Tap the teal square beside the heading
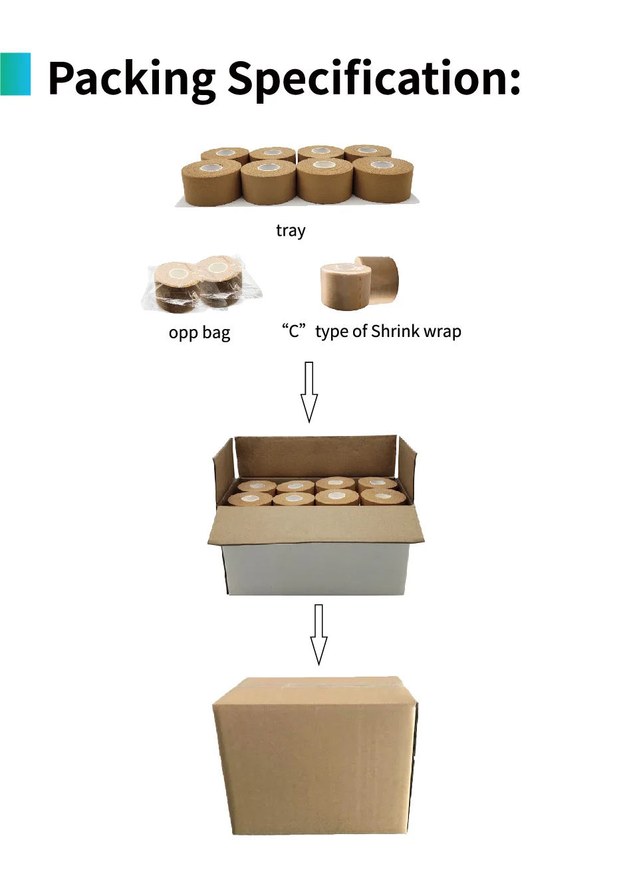point(15,74)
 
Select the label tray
point(291,231)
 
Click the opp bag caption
point(199,332)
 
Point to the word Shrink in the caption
point(392,331)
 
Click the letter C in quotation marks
point(294,331)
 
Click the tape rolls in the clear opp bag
point(202,284)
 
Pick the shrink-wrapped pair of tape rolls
point(359,282)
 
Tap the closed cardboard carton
point(315,758)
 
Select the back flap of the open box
point(315,455)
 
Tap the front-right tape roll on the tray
point(383,180)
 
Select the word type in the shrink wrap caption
point(332,332)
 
